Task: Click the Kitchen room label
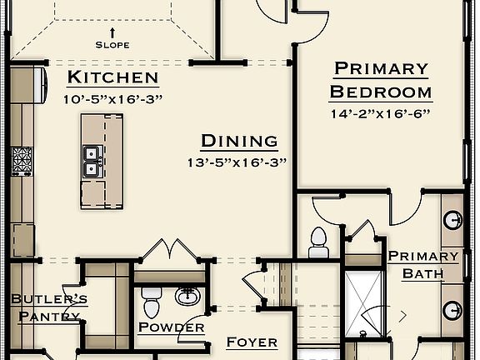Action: (112, 78)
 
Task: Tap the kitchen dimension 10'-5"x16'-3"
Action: (112, 98)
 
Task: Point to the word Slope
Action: (112, 44)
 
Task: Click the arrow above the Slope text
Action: (112, 32)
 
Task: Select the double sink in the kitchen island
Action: (92, 161)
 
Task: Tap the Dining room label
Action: (239, 141)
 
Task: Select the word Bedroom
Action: (380, 92)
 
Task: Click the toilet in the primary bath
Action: (317, 242)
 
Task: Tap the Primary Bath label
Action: (423, 264)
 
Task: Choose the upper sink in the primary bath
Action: (453, 221)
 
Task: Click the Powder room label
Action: (171, 327)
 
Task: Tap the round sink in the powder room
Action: (187, 294)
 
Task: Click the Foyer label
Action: (252, 342)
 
